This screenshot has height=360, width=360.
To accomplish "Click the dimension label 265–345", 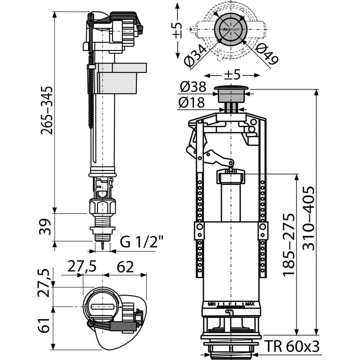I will click(x=46, y=110).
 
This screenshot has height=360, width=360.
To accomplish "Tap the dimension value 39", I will click(x=46, y=228).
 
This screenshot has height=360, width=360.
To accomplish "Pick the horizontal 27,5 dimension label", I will click(x=82, y=267).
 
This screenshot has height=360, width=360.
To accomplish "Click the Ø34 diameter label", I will click(x=197, y=55).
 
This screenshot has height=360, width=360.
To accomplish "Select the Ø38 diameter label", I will click(x=192, y=87).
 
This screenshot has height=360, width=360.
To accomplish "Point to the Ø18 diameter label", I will click(x=192, y=103).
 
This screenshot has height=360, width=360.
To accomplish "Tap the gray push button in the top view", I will click(x=229, y=28).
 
